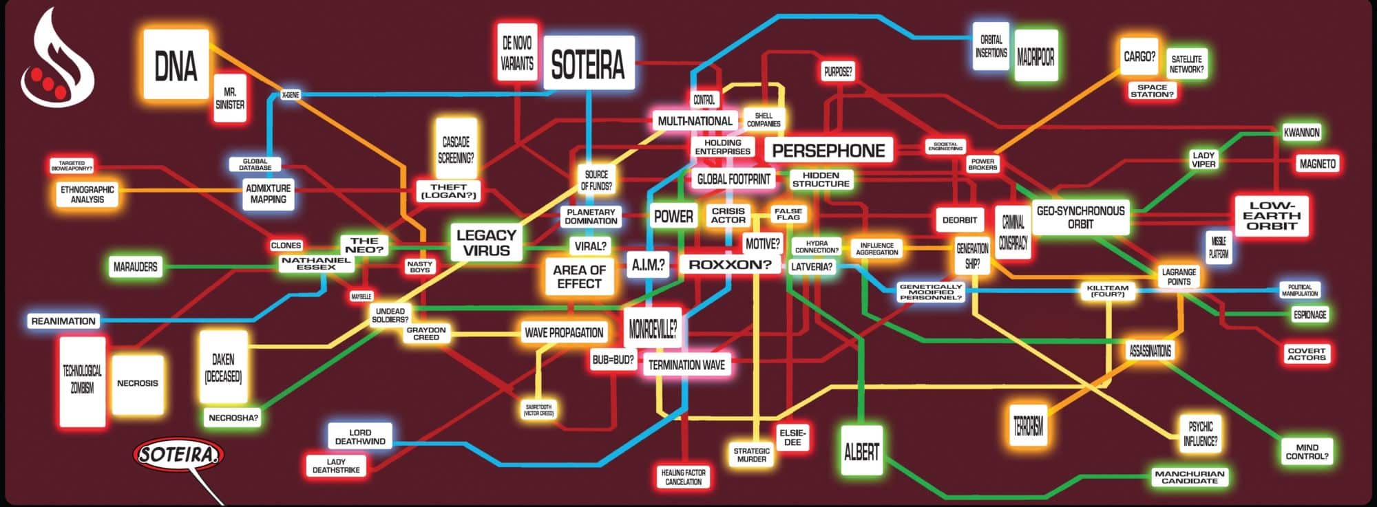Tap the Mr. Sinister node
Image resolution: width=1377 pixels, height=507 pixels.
(x=229, y=98)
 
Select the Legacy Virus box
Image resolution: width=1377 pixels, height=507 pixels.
(x=486, y=242)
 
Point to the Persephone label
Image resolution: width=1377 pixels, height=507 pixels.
(x=828, y=151)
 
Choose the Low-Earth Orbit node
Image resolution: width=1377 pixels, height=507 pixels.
(x=1271, y=215)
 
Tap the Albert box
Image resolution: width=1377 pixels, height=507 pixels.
(x=861, y=451)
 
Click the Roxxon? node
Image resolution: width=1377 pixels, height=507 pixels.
(x=730, y=264)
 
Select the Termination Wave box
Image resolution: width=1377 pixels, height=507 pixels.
(x=686, y=365)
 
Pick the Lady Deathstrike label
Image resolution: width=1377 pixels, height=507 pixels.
(x=336, y=466)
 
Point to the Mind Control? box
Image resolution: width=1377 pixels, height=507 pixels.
(x=1306, y=451)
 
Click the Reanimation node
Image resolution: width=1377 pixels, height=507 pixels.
(x=63, y=321)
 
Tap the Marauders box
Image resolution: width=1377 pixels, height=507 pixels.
(x=135, y=266)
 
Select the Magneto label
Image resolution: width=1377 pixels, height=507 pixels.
(x=1317, y=164)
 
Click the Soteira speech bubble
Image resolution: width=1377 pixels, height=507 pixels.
(x=179, y=455)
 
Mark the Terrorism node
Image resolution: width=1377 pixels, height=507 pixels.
(x=1028, y=427)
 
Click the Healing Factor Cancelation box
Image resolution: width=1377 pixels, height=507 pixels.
(x=683, y=477)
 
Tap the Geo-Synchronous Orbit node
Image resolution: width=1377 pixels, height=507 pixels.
(x=1080, y=217)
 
